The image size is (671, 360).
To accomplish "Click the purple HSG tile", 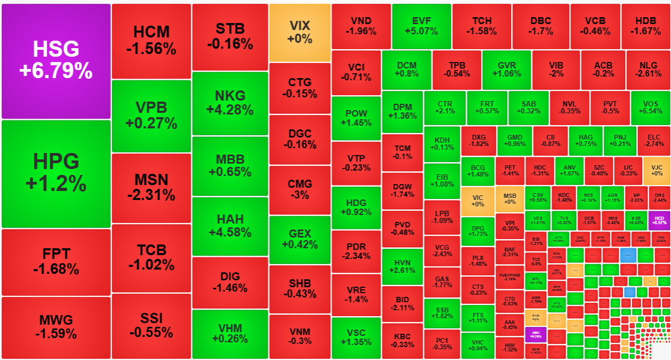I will point(56,61).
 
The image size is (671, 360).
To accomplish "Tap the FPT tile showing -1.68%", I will point(56,262).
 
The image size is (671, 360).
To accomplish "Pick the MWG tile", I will point(56,327).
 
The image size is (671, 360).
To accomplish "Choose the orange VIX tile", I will point(299,32).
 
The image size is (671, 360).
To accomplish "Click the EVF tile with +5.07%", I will point(421,26).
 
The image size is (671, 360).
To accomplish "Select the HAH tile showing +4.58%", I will point(230,226).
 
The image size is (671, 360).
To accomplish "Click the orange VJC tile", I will point(657,170).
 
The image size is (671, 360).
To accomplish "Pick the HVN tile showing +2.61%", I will point(402,266).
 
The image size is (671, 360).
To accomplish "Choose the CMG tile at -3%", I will point(299,189).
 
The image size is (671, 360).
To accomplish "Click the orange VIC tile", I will point(477,201).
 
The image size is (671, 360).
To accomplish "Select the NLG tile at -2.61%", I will point(648,70).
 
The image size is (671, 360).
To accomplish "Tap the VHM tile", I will point(230,333).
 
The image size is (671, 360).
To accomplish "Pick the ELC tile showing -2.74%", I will point(653,140).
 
